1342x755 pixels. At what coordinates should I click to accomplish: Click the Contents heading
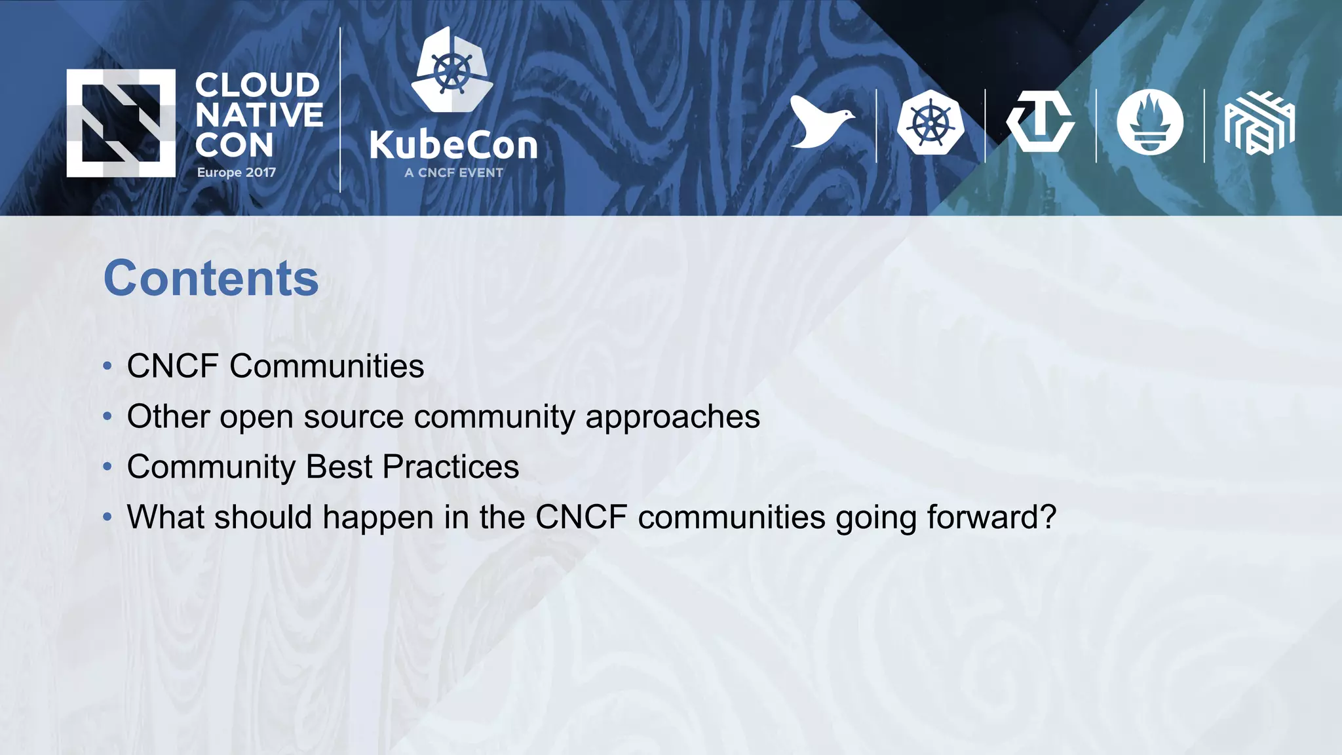tap(211, 278)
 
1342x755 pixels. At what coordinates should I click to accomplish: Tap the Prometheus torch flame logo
tap(1150, 123)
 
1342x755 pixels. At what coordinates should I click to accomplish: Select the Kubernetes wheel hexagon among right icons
tap(930, 123)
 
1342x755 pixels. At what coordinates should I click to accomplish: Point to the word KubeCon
tap(453, 145)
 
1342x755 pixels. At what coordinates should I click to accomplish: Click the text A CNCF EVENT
tap(453, 173)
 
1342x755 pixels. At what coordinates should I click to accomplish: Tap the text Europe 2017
tap(237, 172)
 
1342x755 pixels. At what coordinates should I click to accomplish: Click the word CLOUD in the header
tap(258, 85)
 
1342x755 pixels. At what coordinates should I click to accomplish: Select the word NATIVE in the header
tap(259, 115)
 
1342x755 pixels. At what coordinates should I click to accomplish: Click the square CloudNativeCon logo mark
tap(121, 123)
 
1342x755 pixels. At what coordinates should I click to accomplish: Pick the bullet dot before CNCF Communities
tap(107, 366)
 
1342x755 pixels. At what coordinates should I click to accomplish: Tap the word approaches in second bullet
tap(672, 417)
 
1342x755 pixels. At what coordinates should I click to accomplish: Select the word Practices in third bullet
tap(450, 467)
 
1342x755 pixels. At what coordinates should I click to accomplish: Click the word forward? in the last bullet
tap(991, 517)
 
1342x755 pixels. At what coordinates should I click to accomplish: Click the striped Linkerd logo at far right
tap(1259, 123)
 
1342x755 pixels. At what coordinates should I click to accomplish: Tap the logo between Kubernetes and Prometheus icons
tap(1040, 123)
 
